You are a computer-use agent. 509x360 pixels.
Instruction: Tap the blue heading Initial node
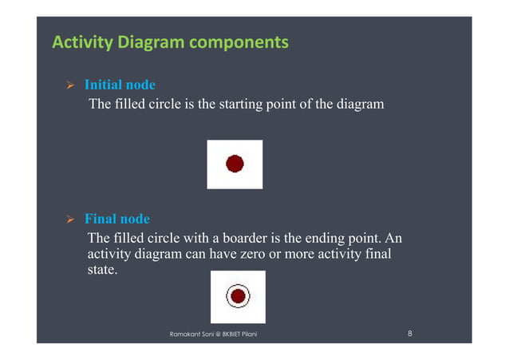click(120, 85)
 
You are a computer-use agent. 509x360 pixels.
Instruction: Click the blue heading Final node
click(116, 219)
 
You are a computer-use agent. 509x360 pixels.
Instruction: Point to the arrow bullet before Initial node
click(69, 85)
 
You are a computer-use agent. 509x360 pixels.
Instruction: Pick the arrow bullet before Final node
click(69, 219)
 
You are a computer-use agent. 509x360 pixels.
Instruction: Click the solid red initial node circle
click(235, 164)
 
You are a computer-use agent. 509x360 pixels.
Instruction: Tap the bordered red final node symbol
click(237, 296)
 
